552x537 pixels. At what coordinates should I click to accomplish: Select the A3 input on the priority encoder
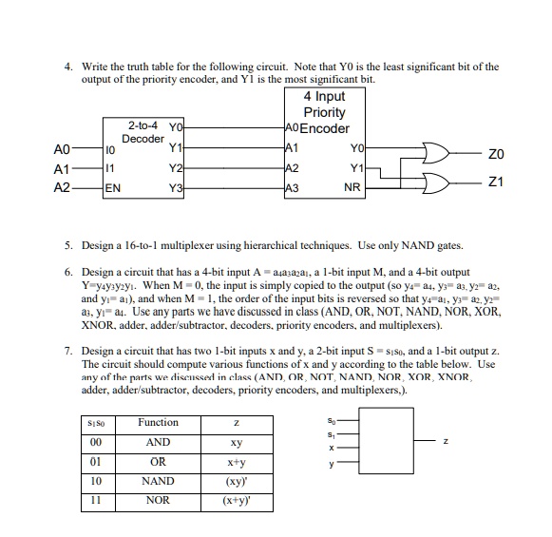point(291,187)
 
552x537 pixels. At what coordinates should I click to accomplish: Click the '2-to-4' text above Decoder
point(144,125)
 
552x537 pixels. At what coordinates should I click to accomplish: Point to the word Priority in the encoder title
point(324,112)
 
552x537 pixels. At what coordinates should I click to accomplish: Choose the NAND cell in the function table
point(158,481)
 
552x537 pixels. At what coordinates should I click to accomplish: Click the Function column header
point(158,422)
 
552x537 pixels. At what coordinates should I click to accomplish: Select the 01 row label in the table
point(93,461)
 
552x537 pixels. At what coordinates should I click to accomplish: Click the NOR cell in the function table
point(158,500)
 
